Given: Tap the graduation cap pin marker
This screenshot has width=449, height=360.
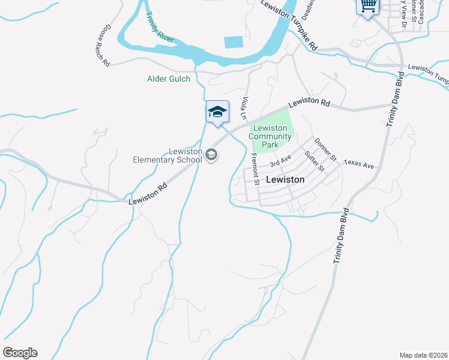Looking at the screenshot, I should point(217,112).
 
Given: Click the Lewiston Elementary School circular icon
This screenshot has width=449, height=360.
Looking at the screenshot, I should point(211,155).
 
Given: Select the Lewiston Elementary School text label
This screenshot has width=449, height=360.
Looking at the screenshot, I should point(168,155).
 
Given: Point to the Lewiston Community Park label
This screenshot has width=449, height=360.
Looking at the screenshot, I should point(271,136).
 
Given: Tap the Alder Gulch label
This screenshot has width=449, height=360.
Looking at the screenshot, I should point(169,79).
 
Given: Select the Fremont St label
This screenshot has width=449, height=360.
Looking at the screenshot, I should point(255,169).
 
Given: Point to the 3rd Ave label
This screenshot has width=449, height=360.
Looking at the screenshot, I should point(280,161).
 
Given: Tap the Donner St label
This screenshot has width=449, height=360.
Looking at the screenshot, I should point(325,148).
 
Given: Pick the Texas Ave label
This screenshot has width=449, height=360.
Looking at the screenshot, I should point(359,164).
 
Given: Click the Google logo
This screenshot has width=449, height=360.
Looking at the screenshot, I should point(20,353).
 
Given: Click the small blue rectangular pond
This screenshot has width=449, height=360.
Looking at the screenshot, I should point(233,42).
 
